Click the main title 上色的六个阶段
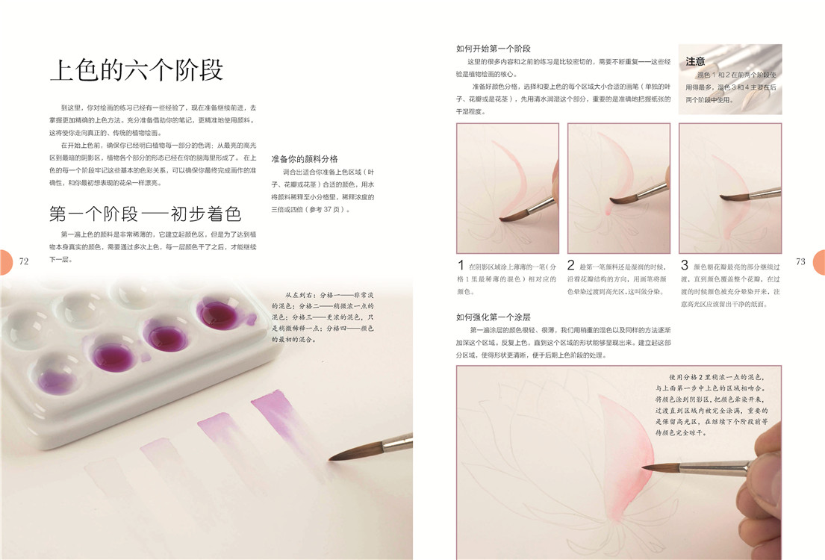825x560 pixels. click(137, 70)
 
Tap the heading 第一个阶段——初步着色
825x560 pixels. click(146, 214)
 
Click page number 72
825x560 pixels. click(24, 261)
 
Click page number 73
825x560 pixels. click(800, 261)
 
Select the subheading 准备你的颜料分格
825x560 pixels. click(305, 159)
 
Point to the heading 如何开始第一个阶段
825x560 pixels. click(494, 49)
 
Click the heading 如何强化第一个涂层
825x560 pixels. click(494, 317)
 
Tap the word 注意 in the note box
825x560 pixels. click(695, 61)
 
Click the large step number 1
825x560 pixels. click(461, 265)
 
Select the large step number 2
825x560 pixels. click(571, 265)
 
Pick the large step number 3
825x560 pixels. click(684, 265)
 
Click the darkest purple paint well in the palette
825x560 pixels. click(218, 314)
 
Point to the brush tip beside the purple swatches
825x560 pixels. click(331, 459)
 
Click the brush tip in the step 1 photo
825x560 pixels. click(502, 218)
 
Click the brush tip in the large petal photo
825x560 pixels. click(645, 467)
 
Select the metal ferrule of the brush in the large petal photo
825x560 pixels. click(713, 466)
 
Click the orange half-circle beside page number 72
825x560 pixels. click(5, 261)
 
